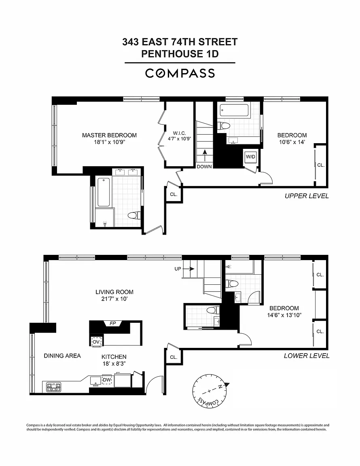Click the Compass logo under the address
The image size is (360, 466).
(x=180, y=73)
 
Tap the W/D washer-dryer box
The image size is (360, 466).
(x=250, y=157)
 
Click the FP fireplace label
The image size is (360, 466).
(x=113, y=323)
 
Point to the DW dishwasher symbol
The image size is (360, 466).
(x=107, y=380)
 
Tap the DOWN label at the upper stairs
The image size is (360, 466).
(x=204, y=167)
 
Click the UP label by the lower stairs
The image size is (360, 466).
(x=178, y=269)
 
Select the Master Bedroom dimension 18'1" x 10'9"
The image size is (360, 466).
(x=109, y=142)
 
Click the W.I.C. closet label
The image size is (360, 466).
(x=180, y=133)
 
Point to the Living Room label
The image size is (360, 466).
(x=114, y=292)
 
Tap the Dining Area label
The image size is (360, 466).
(x=62, y=356)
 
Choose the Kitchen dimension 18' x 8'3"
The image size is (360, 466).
(x=114, y=364)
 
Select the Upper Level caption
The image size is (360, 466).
(x=307, y=196)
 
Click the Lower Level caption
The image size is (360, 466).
(x=307, y=356)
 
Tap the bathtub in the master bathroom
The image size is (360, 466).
(x=104, y=192)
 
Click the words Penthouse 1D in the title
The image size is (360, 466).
(x=180, y=54)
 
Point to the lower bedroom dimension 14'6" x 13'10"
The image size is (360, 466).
(x=284, y=315)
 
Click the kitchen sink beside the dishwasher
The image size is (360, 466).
(x=96, y=380)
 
